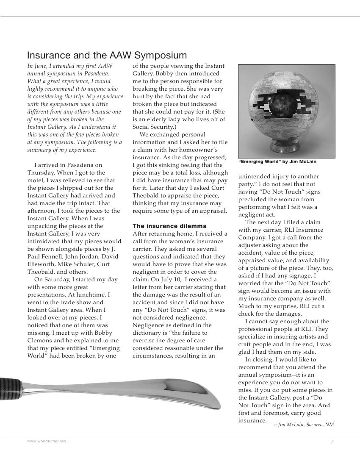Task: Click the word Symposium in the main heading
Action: [161, 56]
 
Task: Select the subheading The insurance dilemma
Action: [169, 226]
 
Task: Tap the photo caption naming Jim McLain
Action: [277, 162]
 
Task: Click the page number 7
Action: [332, 442]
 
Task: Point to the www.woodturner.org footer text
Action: [47, 442]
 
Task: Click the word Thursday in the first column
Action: [42, 173]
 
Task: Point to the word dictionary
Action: [150, 333]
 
